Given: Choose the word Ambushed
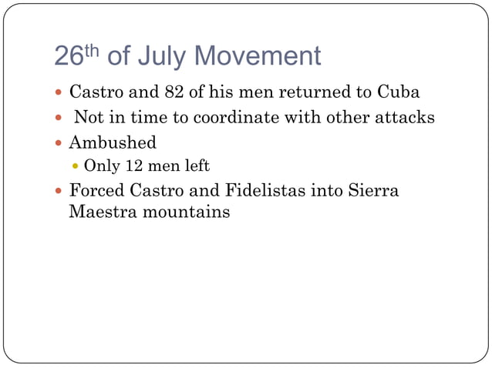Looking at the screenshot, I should [x=113, y=142].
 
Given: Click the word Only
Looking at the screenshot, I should [x=99, y=166].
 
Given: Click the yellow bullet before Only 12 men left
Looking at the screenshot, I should [x=75, y=166].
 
